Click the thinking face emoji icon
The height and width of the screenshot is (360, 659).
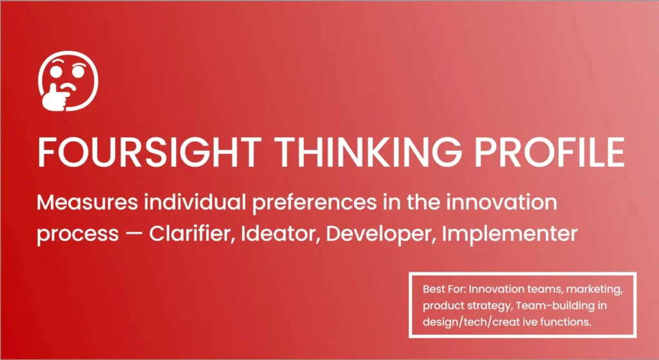[x=68, y=81]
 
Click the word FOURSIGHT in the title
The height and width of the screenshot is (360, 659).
[x=149, y=152]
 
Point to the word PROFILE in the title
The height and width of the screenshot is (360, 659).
[x=550, y=152]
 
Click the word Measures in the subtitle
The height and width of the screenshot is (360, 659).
[x=87, y=203]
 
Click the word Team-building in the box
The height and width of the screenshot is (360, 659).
[x=553, y=306]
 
